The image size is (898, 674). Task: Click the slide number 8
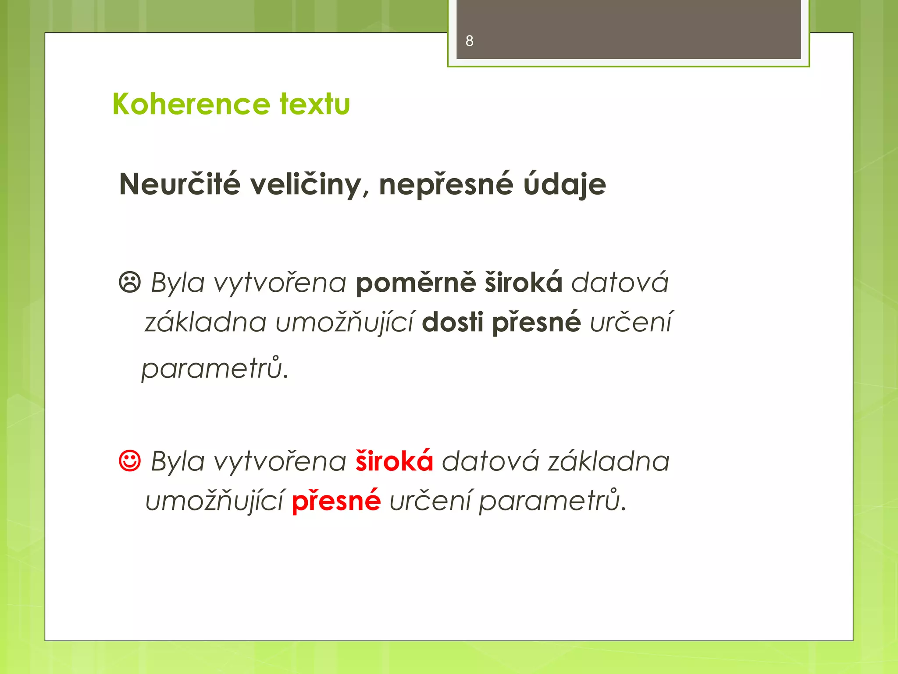(x=469, y=41)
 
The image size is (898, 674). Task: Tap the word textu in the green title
(x=315, y=104)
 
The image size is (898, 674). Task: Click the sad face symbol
(x=130, y=282)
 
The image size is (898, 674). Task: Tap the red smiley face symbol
(x=130, y=461)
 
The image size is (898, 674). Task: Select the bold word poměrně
(x=415, y=283)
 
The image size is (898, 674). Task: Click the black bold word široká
(x=524, y=282)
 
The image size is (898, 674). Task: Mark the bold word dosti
(x=453, y=322)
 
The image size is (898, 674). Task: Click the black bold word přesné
(x=536, y=323)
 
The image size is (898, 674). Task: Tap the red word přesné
(x=336, y=501)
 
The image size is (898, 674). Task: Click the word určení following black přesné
(x=631, y=322)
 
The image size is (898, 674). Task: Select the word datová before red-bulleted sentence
(x=620, y=282)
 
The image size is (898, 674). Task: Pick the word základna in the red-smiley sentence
(x=609, y=462)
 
